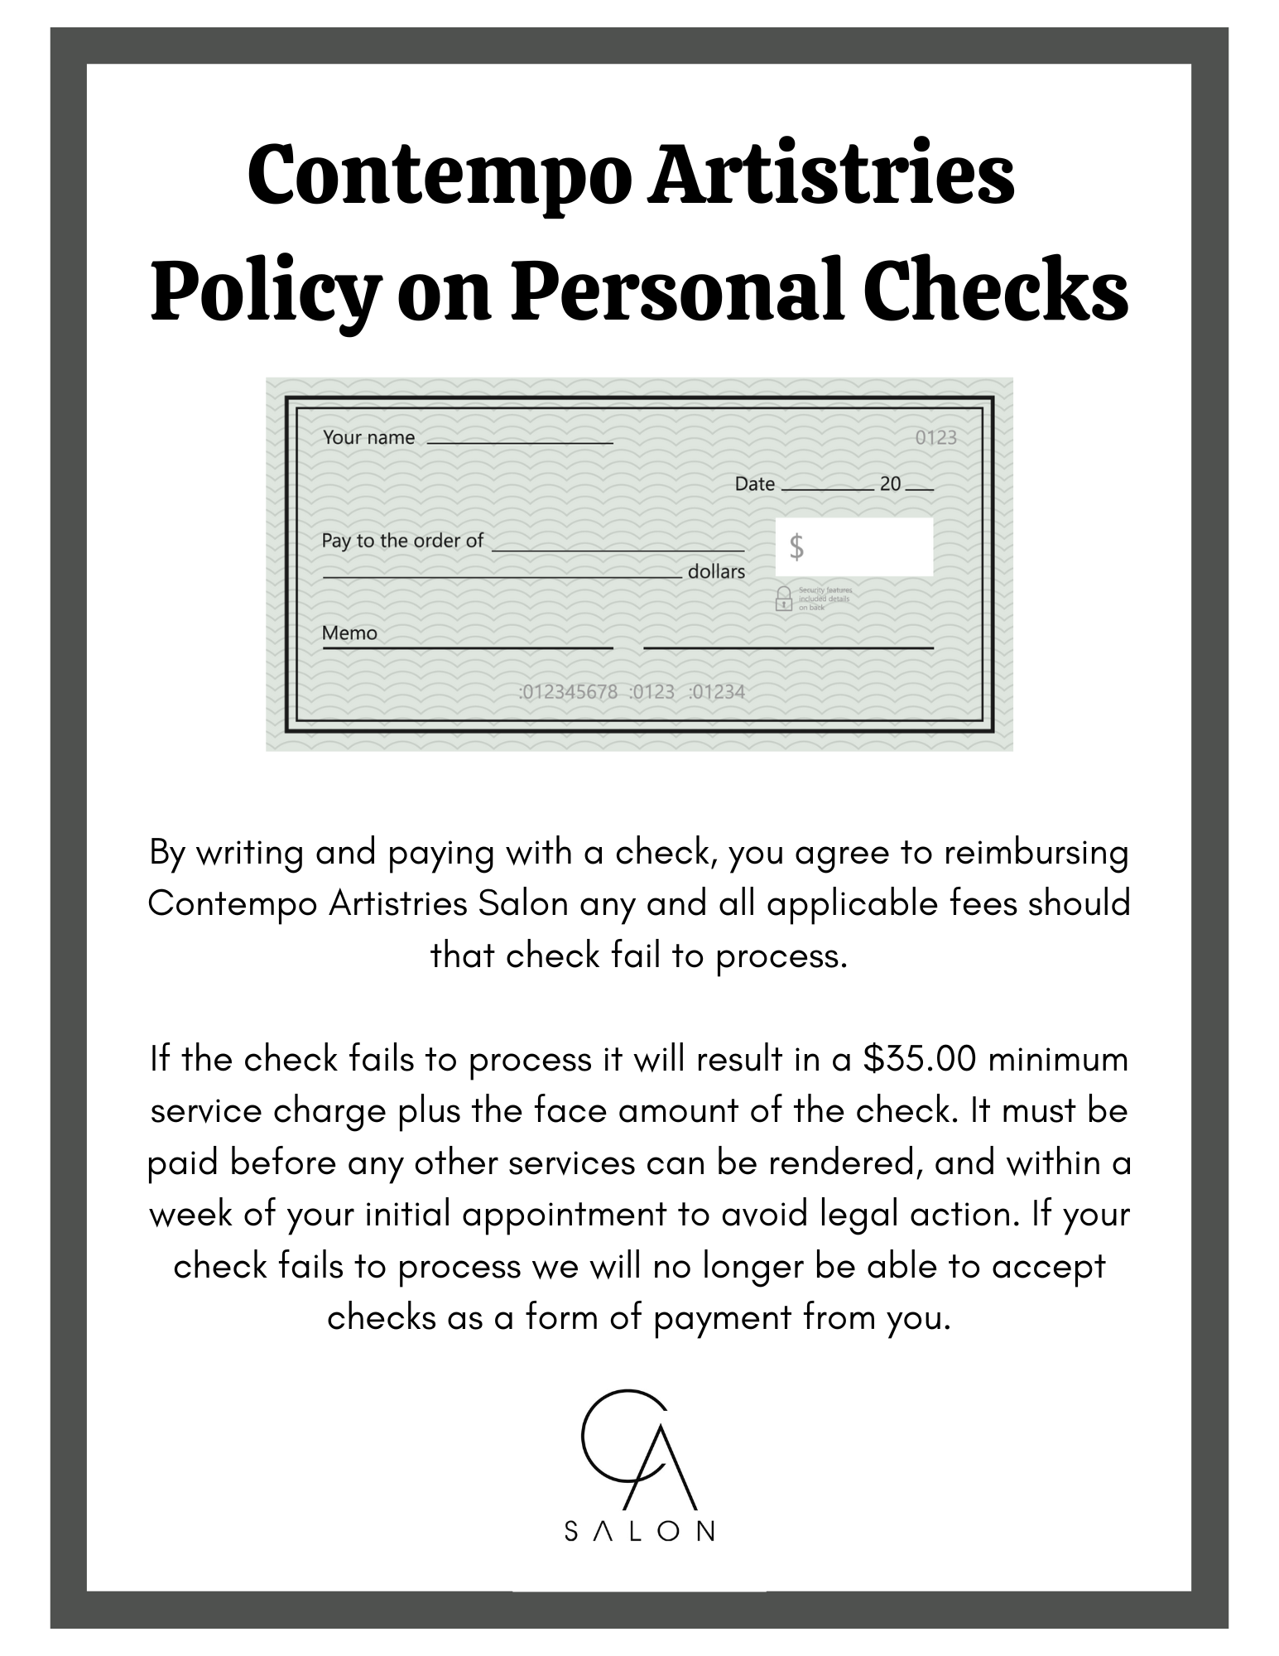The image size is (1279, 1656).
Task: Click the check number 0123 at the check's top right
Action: [935, 438]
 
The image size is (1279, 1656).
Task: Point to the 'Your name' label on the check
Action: [368, 438]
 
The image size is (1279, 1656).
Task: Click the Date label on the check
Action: [754, 484]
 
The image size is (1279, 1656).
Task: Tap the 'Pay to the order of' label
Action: [402, 541]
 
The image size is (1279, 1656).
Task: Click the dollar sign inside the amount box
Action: [796, 547]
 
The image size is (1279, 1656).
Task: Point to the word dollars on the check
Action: [716, 571]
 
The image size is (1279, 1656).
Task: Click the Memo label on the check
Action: [349, 633]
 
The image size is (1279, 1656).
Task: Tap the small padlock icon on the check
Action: [783, 598]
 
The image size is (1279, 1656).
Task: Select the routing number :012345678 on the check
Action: [568, 692]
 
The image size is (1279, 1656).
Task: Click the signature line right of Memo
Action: [788, 647]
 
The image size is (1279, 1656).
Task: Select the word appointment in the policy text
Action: [564, 1215]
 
